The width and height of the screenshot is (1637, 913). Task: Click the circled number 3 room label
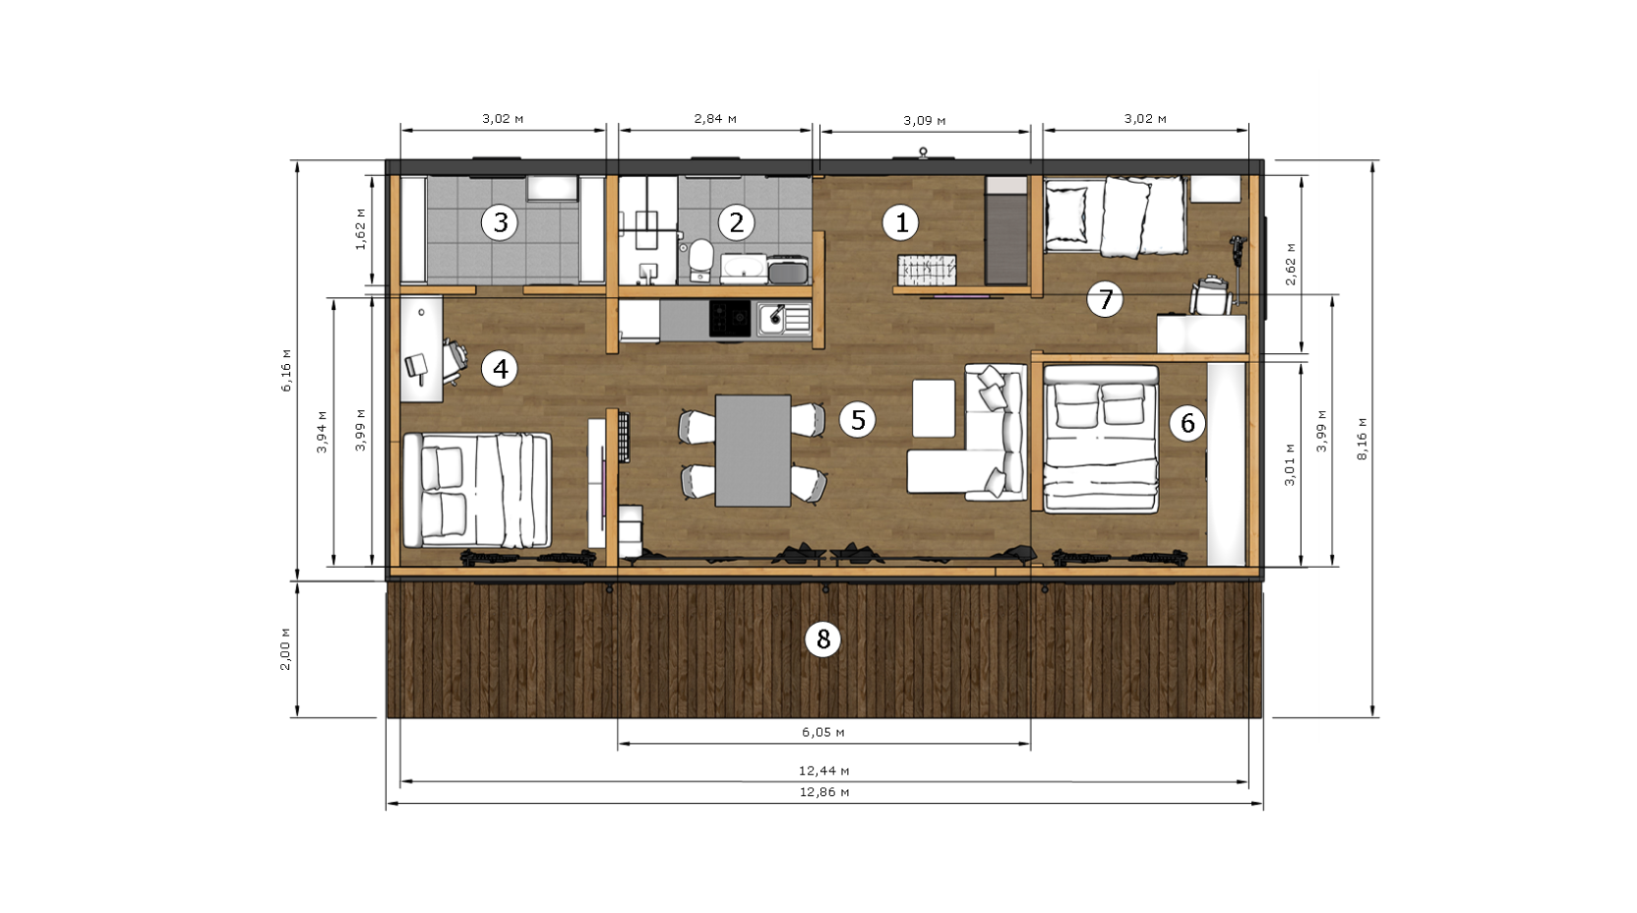click(x=500, y=222)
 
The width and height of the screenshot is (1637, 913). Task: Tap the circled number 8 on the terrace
click(x=822, y=639)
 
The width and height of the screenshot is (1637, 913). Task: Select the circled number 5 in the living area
click(x=857, y=420)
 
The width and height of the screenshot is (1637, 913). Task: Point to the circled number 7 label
click(x=1104, y=299)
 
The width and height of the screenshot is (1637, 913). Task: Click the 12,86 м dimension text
click(x=824, y=792)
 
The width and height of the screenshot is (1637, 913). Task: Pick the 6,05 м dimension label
click(x=823, y=732)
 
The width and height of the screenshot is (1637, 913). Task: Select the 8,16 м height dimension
click(x=1363, y=439)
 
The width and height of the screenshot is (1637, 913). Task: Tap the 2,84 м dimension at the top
click(x=715, y=118)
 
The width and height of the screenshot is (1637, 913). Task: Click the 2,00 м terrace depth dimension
click(x=285, y=649)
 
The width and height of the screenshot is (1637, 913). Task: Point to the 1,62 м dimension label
click(x=360, y=229)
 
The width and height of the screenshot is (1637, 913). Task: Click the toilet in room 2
click(x=700, y=260)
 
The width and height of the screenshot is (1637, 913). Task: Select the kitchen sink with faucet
click(x=783, y=320)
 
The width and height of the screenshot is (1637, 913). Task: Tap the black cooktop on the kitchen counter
click(x=730, y=319)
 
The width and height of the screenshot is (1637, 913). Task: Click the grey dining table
click(x=753, y=451)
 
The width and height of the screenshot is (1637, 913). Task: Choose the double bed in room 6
click(x=1101, y=439)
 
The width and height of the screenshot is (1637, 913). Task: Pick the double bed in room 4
click(x=477, y=490)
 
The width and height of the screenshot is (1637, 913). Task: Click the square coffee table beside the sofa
click(x=934, y=408)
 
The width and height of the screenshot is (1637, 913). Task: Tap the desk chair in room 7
click(x=1211, y=294)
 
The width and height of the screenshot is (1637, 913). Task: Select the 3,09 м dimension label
click(x=925, y=121)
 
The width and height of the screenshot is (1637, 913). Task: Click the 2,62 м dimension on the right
click(x=1291, y=264)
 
